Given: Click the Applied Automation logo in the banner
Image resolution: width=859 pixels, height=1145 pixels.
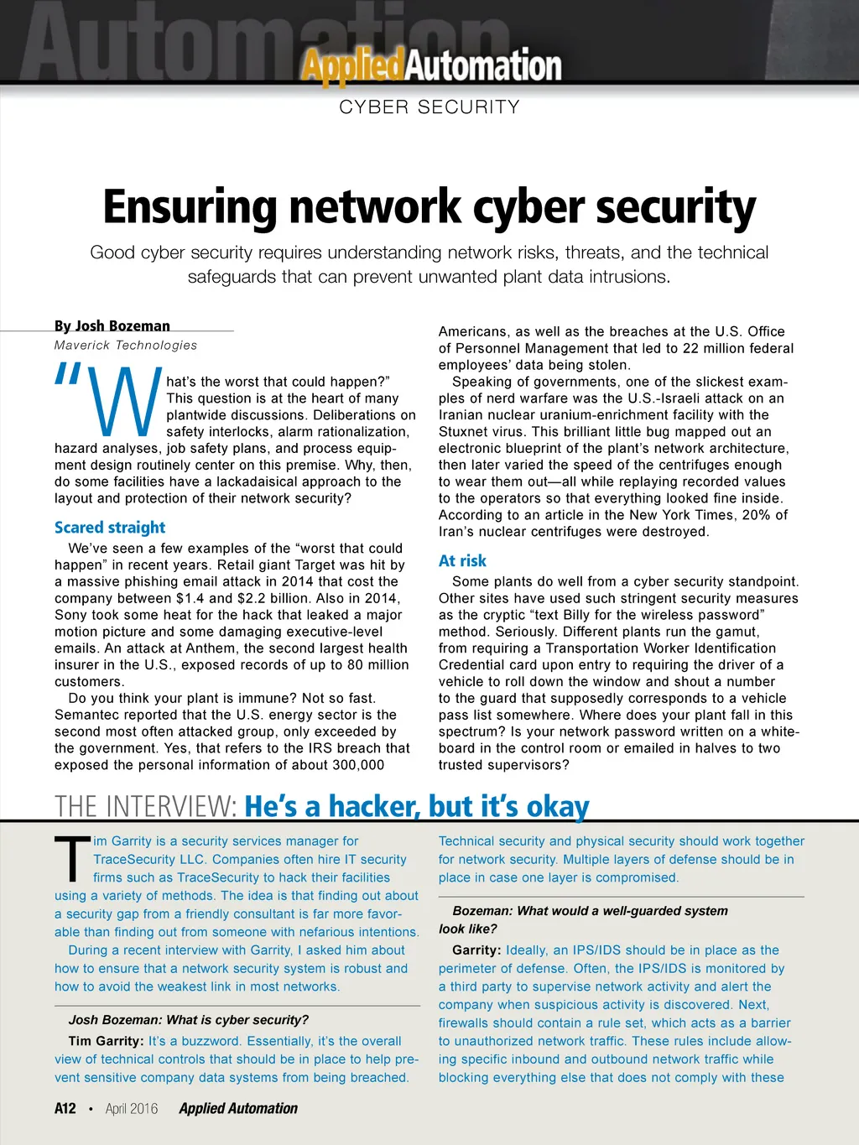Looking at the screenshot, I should [x=431, y=66].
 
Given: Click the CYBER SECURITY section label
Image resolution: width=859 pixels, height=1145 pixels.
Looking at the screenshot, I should [x=429, y=107].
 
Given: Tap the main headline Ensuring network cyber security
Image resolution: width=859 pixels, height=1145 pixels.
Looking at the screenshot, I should [x=429, y=207].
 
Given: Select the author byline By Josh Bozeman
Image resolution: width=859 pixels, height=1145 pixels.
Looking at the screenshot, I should [x=112, y=326].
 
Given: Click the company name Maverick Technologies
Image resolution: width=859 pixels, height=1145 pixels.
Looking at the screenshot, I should [x=126, y=345].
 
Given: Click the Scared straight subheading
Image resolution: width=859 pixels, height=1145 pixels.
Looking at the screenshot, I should [x=110, y=528].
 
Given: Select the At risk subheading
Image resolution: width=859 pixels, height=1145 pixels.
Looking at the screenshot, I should [x=462, y=561].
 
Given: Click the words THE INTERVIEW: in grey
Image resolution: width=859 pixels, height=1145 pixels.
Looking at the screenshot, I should [x=146, y=807].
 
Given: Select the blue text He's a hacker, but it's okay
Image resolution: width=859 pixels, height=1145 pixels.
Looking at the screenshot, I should [x=417, y=807].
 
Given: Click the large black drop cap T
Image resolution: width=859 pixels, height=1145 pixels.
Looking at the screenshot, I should [x=72, y=860].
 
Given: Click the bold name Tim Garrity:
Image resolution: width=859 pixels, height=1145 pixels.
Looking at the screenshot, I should [x=106, y=1041].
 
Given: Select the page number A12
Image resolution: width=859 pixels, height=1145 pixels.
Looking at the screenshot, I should [x=65, y=1109].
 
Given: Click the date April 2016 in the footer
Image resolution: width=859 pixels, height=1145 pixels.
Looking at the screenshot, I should [x=132, y=1109].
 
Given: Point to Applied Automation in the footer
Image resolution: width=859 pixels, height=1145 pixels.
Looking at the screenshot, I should [x=238, y=1109].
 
